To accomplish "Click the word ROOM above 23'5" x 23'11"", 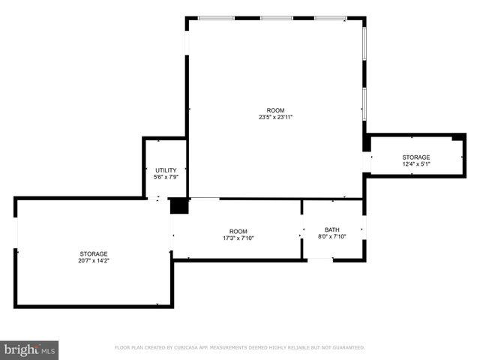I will (x=275, y=110).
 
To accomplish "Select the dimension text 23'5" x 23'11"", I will (x=275, y=117).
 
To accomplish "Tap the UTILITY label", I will (x=165, y=170).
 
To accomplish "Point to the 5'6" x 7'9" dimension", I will (x=165, y=177).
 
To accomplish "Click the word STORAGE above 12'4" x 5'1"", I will (x=415, y=157).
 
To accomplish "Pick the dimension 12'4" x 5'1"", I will (x=415, y=163).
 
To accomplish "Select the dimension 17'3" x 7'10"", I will (x=238, y=238).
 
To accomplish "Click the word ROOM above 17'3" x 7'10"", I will (x=238, y=231).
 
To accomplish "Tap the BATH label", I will (x=331, y=229).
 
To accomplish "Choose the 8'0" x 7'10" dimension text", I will (x=331, y=236).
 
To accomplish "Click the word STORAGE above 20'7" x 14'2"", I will (x=94, y=253).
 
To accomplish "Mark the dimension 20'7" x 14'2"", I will (x=94, y=260).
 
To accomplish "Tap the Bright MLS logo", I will (x=29, y=349).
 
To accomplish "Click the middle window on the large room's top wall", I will (x=276, y=17).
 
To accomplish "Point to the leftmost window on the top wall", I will (x=216, y=17).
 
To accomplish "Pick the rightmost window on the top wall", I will (x=330, y=17).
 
